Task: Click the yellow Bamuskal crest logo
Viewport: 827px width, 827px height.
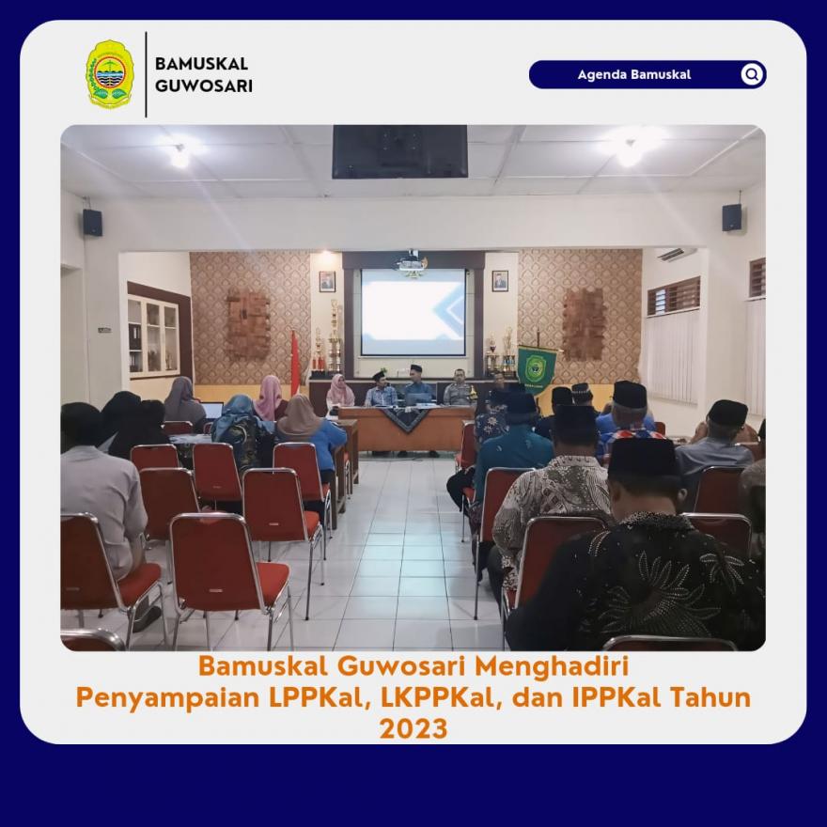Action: pos(110,74)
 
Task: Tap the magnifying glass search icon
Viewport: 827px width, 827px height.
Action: pos(752,74)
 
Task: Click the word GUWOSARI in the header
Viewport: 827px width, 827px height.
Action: pos(204,86)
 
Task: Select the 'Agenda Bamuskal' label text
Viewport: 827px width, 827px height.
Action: pos(634,74)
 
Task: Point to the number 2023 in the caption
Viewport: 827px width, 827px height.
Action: pos(413,729)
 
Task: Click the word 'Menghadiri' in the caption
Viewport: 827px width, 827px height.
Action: pos(552,666)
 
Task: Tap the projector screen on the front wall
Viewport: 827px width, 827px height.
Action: pos(413,312)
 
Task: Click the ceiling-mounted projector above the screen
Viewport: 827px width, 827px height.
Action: pos(412,264)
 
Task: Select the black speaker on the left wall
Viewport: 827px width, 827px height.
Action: pos(92,222)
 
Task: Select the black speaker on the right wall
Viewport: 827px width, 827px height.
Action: pos(731,217)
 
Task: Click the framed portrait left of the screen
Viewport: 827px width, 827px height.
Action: pos(327,281)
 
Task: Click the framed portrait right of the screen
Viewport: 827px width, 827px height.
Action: pos(500,281)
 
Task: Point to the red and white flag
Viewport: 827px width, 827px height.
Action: pos(295,363)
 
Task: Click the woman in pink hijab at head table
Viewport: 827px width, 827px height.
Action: pos(340,391)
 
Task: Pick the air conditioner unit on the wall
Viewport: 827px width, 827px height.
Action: pos(677,255)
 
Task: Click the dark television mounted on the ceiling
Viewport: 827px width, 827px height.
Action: pos(399,151)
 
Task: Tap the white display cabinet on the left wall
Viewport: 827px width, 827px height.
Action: pos(153,335)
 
